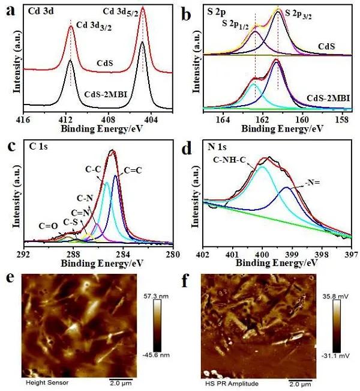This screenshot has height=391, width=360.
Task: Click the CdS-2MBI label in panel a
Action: pos(100,94)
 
